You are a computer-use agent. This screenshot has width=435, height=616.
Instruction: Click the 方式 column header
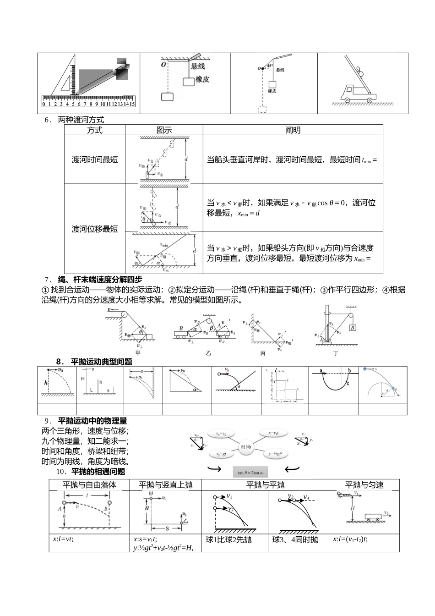[95, 130]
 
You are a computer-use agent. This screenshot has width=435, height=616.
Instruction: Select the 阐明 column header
[293, 130]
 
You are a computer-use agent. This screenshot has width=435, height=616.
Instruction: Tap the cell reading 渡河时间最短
[95, 159]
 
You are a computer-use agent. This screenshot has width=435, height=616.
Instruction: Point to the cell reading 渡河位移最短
[95, 229]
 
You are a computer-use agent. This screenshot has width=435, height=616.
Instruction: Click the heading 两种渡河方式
[81, 120]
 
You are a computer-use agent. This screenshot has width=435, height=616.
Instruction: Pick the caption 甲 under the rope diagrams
[138, 353]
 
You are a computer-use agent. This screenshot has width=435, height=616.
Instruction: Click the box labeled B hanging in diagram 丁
[353, 327]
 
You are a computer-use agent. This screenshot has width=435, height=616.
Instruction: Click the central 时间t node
[246, 446]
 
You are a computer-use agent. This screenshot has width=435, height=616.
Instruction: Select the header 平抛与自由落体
[89, 485]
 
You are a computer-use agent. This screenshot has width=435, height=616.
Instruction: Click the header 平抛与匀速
[364, 485]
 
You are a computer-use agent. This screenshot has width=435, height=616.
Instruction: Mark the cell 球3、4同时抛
[295, 540]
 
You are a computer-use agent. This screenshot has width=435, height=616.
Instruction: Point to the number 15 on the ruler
[132, 104]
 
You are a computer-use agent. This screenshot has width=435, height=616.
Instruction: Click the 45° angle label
[270, 66]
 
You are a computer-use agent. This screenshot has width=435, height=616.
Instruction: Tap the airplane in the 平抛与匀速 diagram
[344, 494]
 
